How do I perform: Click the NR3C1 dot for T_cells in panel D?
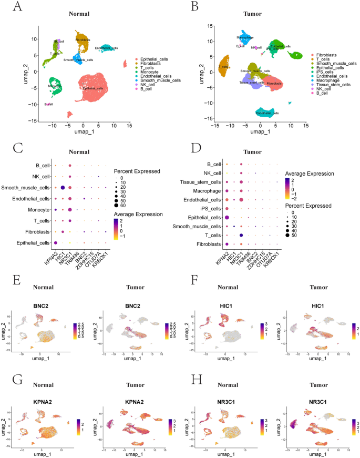[x=241, y=235]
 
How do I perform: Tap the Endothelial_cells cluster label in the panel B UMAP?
[x=267, y=113]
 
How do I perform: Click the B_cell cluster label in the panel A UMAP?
[x=49, y=104]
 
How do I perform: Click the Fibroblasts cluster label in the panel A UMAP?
[x=83, y=39]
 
